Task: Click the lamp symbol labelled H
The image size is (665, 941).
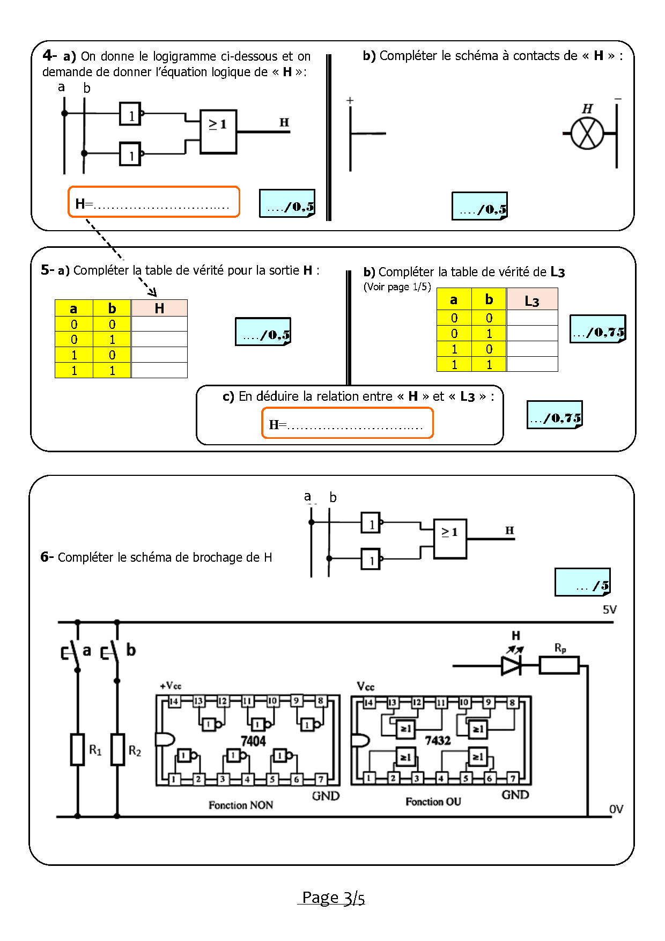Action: pos(587,134)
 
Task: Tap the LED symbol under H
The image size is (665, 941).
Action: pos(511,666)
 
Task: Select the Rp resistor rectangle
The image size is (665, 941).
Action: pos(559,666)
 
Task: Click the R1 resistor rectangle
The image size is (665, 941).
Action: pos(78,749)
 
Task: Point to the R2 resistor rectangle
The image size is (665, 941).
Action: pos(117,749)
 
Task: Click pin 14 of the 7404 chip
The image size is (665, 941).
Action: pos(174,701)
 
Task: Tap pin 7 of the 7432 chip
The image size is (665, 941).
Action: pos(513,778)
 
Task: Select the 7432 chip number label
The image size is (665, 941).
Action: pos(438,741)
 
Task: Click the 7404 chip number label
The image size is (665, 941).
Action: pos(253,741)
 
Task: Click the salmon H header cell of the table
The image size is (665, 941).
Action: pos(159,308)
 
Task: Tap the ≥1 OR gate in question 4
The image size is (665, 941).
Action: pos(218,131)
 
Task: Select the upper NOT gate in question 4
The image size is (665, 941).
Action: pos(130,114)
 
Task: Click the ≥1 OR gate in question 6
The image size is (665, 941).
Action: pos(450,539)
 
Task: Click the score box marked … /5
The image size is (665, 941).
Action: pos(582,583)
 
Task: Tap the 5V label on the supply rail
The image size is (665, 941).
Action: pos(610,610)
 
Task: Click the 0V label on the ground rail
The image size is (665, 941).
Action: pos(616,809)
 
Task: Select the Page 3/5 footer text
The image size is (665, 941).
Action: pos(333,898)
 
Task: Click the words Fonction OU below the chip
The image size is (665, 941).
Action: pos(433,802)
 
